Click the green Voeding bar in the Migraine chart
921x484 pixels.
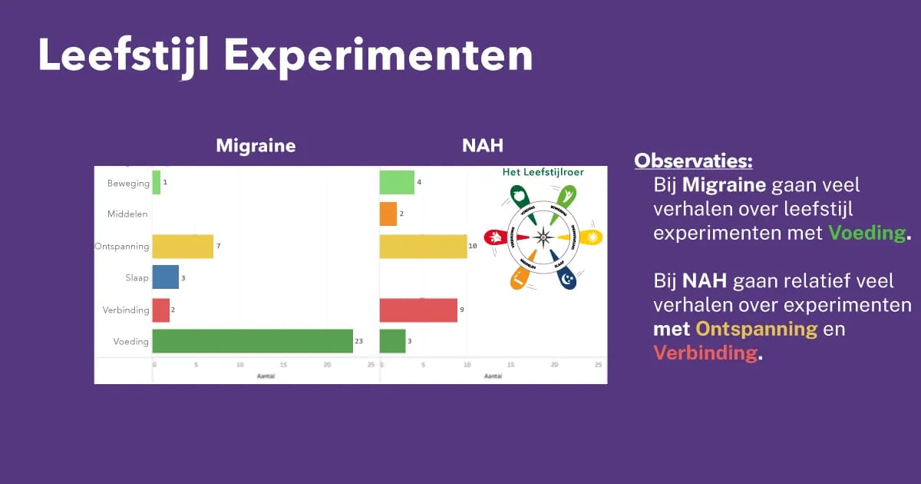click(253, 341)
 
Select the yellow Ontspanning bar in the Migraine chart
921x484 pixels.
click(183, 247)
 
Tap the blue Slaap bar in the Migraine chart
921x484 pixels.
click(165, 277)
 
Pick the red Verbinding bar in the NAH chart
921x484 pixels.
click(418, 310)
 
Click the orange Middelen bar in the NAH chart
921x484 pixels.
click(388, 214)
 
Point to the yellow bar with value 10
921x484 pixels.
click(423, 247)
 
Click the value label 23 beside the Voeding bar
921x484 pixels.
click(359, 340)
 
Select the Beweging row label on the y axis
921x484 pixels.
click(127, 184)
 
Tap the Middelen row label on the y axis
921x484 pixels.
click(127, 214)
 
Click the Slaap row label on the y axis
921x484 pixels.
click(137, 278)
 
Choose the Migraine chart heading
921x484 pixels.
click(256, 146)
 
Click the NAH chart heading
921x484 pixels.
click(483, 146)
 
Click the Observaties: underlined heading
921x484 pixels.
click(693, 161)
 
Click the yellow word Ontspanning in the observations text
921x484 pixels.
click(756, 329)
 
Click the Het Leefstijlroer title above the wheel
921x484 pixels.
click(543, 172)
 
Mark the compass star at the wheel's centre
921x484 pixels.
click(543, 237)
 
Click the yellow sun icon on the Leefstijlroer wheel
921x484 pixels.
click(592, 237)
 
